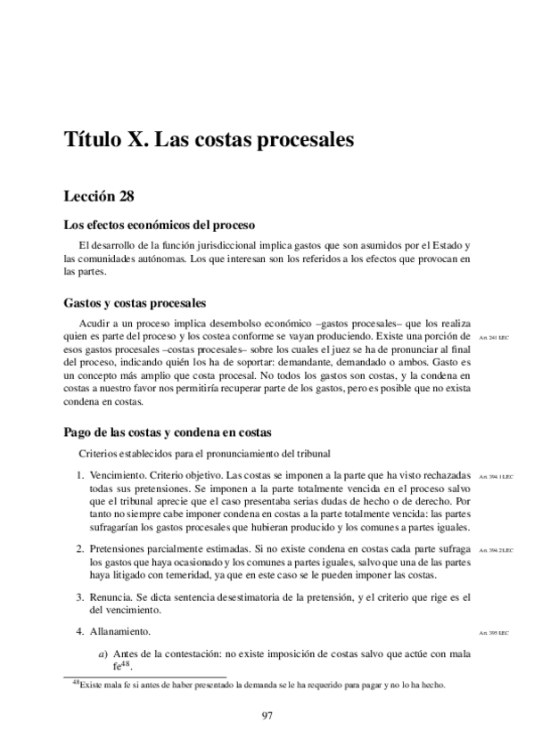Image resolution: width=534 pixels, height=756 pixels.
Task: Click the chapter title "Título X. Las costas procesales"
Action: point(209,140)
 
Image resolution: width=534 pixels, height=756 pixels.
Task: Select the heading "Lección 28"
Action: point(99,193)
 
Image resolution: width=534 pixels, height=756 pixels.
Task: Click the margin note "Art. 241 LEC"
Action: point(493,339)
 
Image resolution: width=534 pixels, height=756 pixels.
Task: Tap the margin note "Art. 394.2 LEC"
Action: point(493,551)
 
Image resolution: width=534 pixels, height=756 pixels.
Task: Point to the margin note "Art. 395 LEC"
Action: point(493,633)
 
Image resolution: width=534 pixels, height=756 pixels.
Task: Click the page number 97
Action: point(267,714)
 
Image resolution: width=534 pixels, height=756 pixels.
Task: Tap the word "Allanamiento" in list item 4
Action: point(119,632)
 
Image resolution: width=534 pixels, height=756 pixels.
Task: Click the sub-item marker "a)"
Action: point(103,655)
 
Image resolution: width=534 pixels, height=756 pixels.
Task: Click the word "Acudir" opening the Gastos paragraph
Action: point(95,323)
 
